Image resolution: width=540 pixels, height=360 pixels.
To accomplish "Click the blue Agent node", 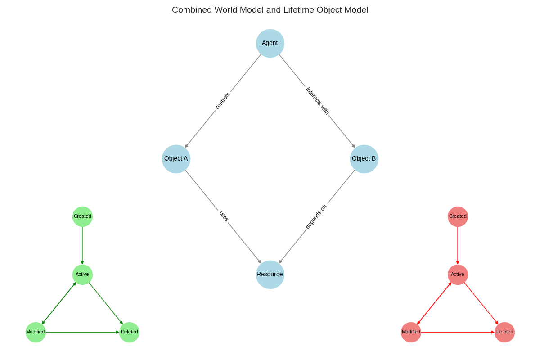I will (270, 43).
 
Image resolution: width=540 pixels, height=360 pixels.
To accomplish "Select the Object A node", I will (176, 159).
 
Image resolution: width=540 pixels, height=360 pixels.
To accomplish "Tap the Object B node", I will (364, 159).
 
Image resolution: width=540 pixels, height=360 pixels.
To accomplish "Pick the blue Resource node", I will (270, 274).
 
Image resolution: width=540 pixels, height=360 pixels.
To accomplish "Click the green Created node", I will (82, 216).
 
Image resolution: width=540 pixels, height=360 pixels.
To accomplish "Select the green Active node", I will (82, 274).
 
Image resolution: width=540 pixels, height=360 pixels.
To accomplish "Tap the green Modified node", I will (36, 332).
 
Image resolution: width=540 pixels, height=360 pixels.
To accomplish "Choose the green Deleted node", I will (129, 332).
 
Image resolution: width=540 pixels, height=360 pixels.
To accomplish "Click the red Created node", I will (458, 216).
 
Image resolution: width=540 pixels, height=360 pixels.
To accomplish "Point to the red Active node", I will (458, 274).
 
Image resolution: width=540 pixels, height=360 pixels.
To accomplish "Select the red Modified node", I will (411, 332).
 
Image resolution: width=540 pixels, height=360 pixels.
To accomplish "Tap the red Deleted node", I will (504, 332).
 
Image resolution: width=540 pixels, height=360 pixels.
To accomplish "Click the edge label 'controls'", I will (223, 101).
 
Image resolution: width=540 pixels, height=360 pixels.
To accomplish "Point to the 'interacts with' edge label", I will (318, 101).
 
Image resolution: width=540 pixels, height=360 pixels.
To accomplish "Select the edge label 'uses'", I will (224, 216).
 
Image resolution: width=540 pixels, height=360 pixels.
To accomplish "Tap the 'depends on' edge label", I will (316, 216).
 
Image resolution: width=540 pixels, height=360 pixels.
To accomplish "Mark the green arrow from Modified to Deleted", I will (82, 332).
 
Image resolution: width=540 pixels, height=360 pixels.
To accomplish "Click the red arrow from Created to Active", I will (458, 245).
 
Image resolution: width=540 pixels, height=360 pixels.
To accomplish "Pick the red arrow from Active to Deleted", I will (481, 303).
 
